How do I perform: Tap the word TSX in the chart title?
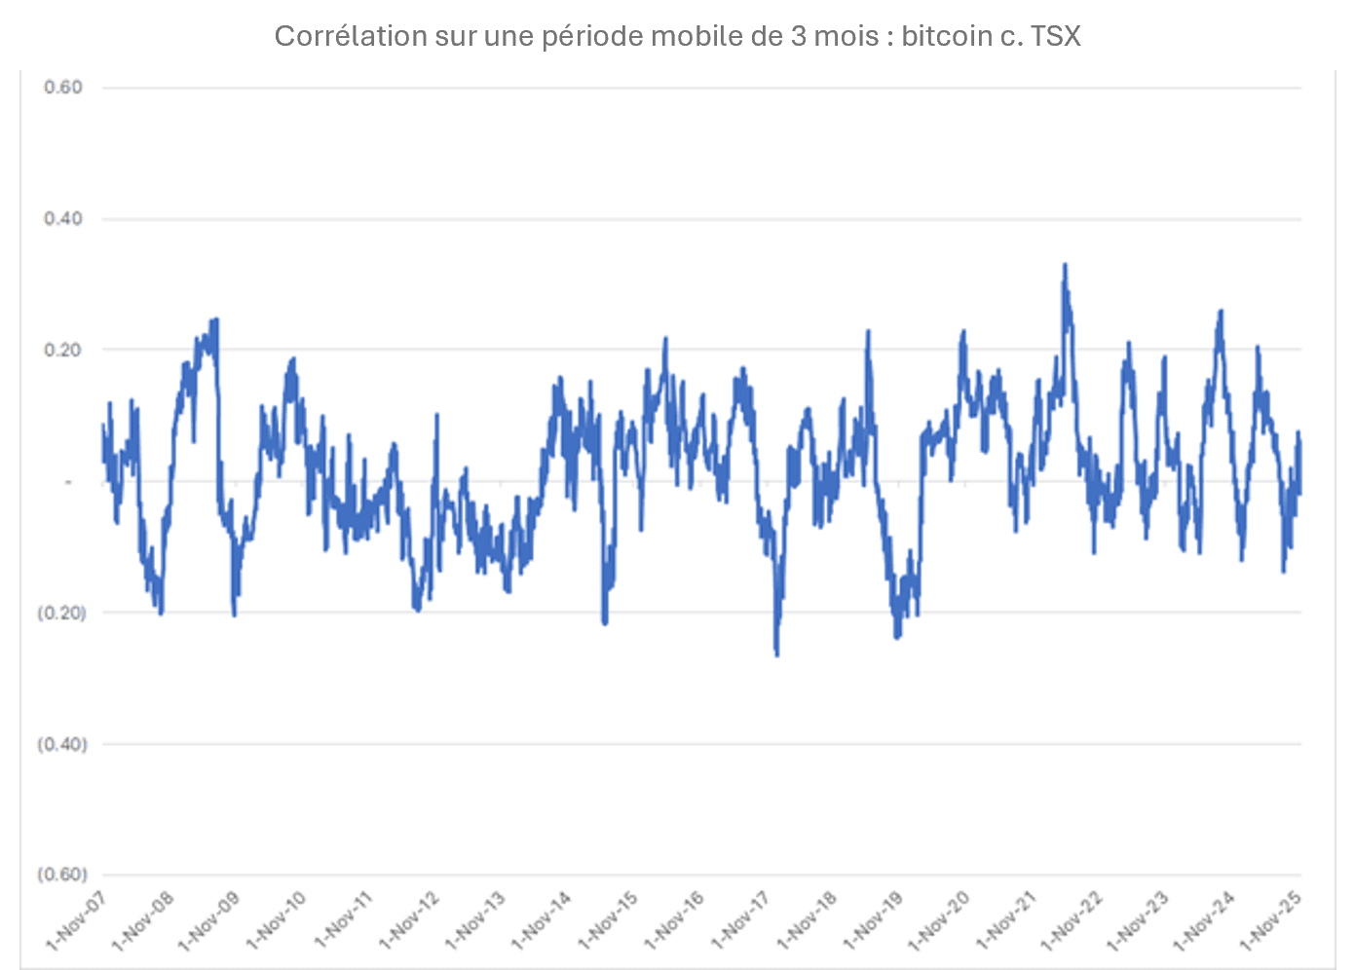tap(1055, 36)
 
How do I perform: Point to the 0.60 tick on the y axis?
tap(63, 88)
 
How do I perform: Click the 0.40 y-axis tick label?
tap(63, 219)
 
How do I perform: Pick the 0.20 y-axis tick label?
tap(63, 351)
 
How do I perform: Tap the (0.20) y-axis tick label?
tap(61, 613)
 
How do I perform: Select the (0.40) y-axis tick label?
tap(61, 744)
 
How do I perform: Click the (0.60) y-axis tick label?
tap(61, 875)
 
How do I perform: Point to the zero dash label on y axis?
tap(68, 482)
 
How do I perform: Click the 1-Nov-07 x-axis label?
tap(76, 920)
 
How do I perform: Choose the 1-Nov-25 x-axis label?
tap(1270, 920)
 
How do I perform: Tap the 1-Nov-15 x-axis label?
tap(607, 920)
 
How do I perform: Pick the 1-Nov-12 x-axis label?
tap(408, 920)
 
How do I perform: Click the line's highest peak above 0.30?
tap(1065, 265)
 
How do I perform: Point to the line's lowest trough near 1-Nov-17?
tap(776, 653)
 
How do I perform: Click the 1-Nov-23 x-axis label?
tap(1138, 920)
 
